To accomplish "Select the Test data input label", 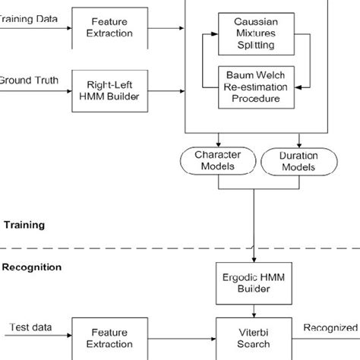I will tap(30, 327).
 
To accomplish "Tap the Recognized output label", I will tap(330, 327).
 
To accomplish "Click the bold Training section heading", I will tap(25, 225).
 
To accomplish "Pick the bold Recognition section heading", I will tap(31, 267).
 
